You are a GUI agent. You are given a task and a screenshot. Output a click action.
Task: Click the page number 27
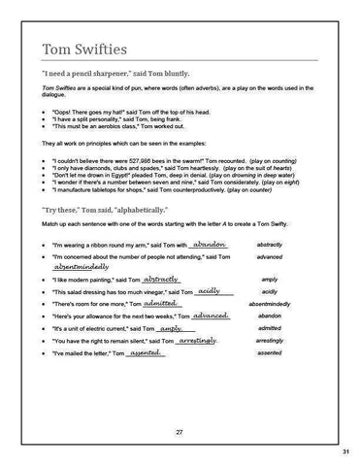[x=180, y=430]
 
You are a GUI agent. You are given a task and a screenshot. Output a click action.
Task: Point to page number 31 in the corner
[x=345, y=452]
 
